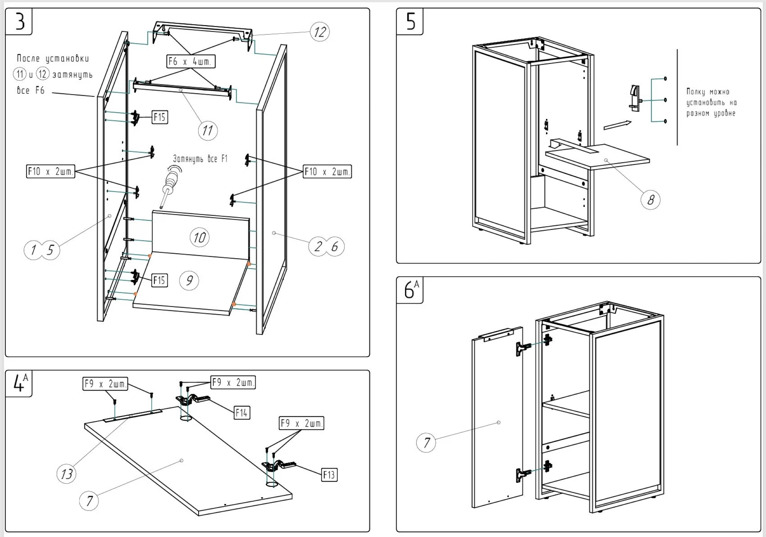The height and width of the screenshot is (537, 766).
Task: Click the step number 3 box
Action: pyautogui.click(x=19, y=21)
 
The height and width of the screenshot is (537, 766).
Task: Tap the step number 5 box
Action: pyautogui.click(x=410, y=21)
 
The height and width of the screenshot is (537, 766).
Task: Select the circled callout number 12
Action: pyautogui.click(x=319, y=32)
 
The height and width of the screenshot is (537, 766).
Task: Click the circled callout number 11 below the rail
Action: pyautogui.click(x=208, y=131)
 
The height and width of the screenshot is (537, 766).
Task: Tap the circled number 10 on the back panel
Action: pyautogui.click(x=199, y=237)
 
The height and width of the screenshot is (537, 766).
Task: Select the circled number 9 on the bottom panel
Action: pyautogui.click(x=189, y=280)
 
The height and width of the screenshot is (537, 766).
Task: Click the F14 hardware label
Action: pyautogui.click(x=242, y=413)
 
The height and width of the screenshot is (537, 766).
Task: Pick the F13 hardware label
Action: pyautogui.click(x=329, y=475)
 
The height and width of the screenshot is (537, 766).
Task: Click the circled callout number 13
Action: pyautogui.click(x=67, y=474)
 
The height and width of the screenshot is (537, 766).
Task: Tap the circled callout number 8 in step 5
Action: pyautogui.click(x=650, y=199)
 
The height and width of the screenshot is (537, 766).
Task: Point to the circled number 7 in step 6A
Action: pyautogui.click(x=426, y=442)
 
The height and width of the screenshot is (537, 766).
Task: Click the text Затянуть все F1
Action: pyautogui.click(x=200, y=159)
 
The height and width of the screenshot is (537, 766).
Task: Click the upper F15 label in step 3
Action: pyautogui.click(x=160, y=117)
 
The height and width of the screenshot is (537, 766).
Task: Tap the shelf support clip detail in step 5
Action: pyautogui.click(x=635, y=98)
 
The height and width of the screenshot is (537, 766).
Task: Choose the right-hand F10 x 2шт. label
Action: pyautogui.click(x=327, y=172)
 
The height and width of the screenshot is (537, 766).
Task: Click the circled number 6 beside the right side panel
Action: pyautogui.click(x=335, y=247)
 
